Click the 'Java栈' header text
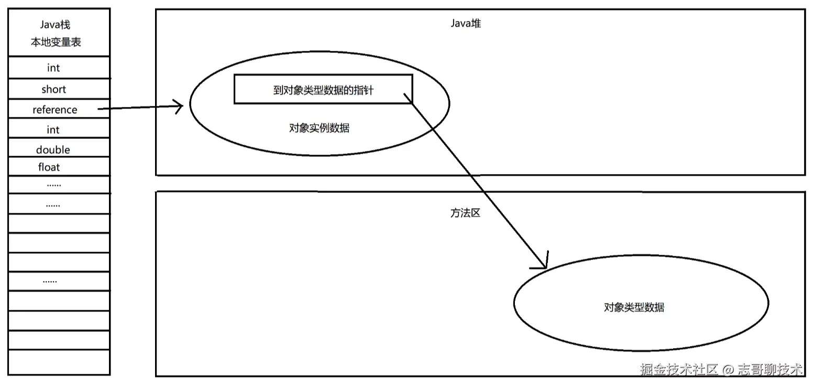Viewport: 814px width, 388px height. tap(55, 25)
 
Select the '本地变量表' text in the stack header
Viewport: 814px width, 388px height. tap(56, 42)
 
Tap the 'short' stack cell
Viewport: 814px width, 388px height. tap(54, 90)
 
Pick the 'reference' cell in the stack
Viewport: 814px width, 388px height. tap(55, 110)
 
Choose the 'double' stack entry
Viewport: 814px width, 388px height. tap(53, 150)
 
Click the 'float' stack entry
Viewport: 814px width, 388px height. tap(49, 167)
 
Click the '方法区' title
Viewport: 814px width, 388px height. tap(465, 213)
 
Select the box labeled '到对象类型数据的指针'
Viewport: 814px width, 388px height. tap(323, 89)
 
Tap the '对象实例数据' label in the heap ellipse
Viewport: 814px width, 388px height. tap(319, 128)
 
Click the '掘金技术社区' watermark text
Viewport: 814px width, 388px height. tap(678, 370)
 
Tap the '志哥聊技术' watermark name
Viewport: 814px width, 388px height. tap(770, 370)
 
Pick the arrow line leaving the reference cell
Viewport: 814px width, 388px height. tap(139, 108)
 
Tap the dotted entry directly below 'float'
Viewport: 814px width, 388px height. tap(54, 185)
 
